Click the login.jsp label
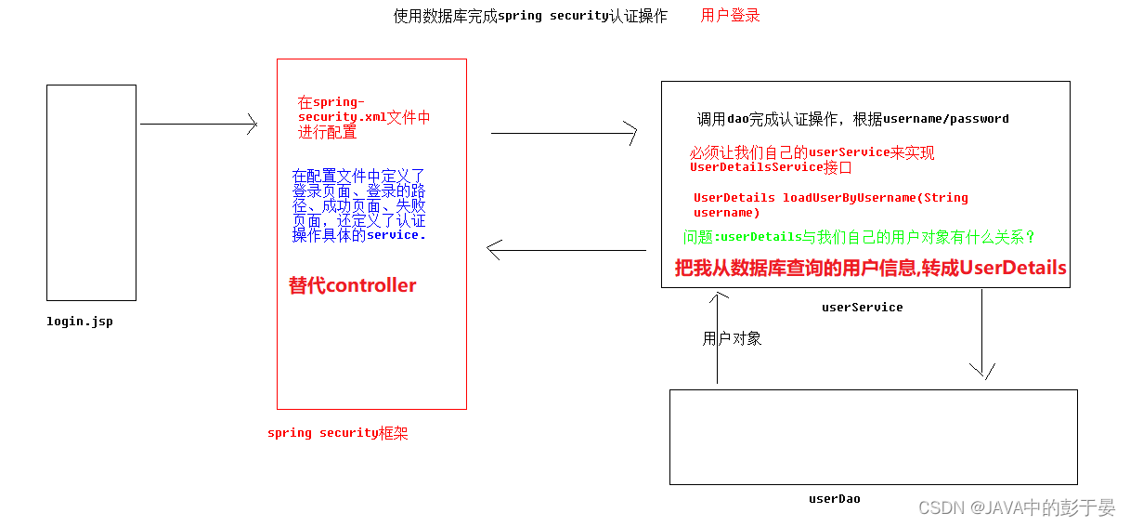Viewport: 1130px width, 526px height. pyautogui.click(x=80, y=322)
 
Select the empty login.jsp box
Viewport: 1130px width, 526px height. pyautogui.click(x=91, y=192)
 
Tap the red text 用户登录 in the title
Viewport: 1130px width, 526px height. pyautogui.click(x=730, y=16)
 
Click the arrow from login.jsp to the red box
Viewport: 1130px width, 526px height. pyautogui.click(x=198, y=124)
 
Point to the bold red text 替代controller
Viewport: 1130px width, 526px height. pyautogui.click(x=353, y=285)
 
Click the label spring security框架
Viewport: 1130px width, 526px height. pyautogui.click(x=337, y=433)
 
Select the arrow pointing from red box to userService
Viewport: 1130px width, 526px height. pyautogui.click(x=564, y=133)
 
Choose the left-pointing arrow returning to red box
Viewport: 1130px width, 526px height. pyautogui.click(x=565, y=249)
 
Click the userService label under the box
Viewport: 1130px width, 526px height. pyautogui.click(x=862, y=307)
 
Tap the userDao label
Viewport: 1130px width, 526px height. pyautogui.click(x=834, y=499)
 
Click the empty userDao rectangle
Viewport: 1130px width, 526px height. pyautogui.click(x=873, y=437)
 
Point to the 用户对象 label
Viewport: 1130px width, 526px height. pyautogui.click(x=732, y=338)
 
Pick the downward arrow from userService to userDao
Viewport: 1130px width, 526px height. pyautogui.click(x=981, y=335)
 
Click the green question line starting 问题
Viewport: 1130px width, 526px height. pyautogui.click(x=859, y=237)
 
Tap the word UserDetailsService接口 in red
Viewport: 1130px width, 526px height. pyautogui.click(x=770, y=167)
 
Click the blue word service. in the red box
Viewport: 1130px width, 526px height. pyautogui.click(x=396, y=235)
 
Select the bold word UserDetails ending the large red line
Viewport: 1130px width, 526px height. pyautogui.click(x=1013, y=268)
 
